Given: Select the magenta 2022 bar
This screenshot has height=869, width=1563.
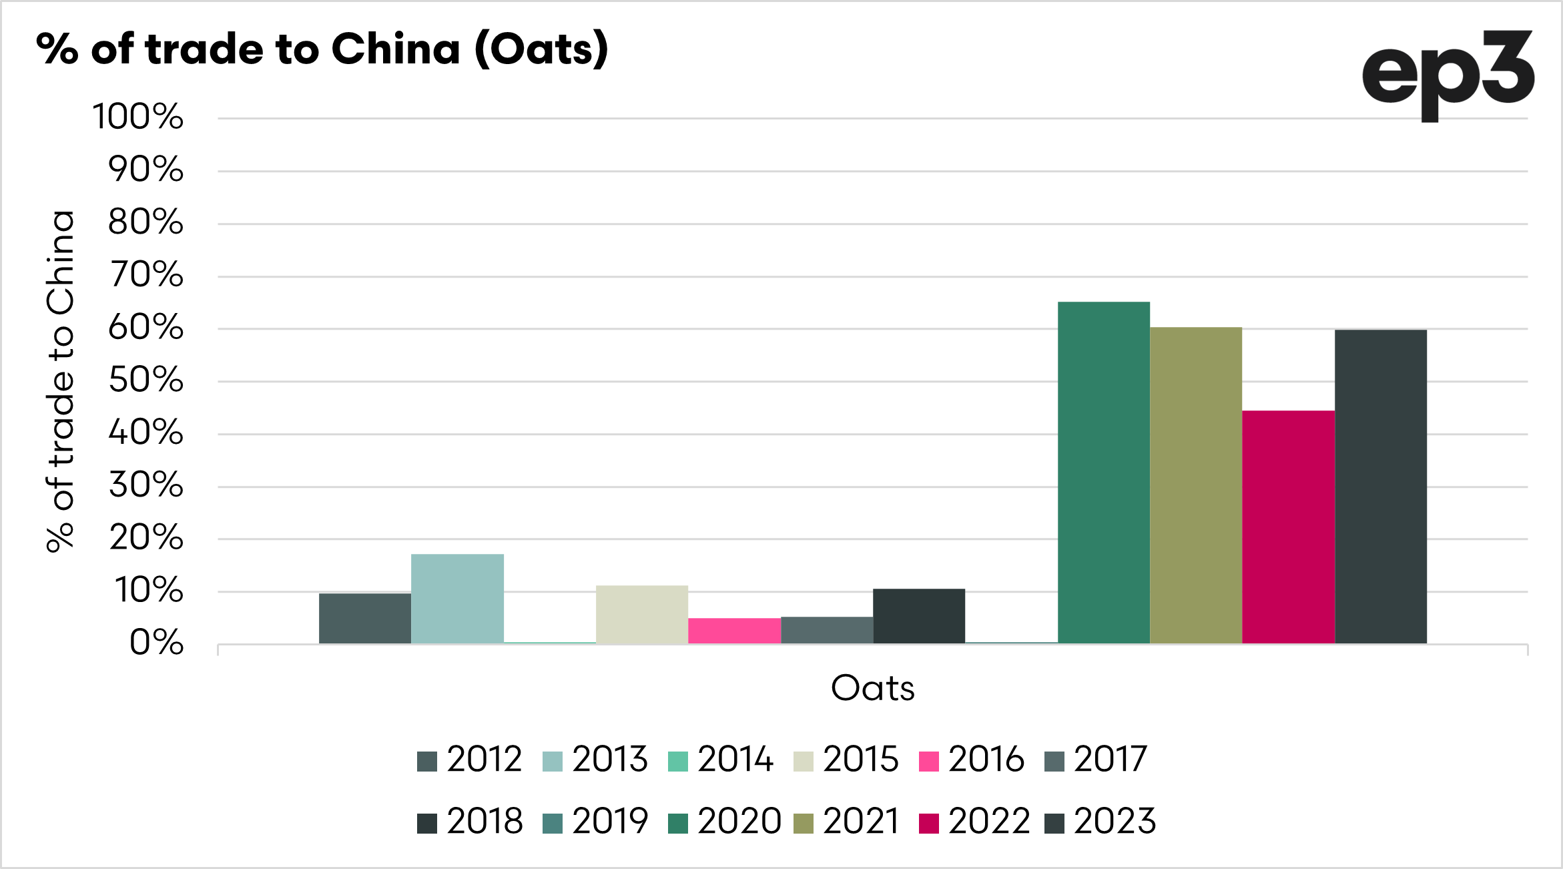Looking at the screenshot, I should tap(1288, 527).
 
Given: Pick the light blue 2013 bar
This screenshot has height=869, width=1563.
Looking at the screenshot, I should tap(457, 599).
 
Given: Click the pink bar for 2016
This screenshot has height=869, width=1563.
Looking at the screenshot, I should tap(734, 631).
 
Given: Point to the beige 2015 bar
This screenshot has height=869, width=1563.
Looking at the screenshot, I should tap(642, 614).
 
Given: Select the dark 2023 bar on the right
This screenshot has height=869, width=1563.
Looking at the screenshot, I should tap(1381, 487).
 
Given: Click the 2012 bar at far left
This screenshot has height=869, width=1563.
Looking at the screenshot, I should tap(365, 618).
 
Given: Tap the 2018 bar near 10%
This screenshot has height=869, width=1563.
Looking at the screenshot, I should tap(919, 616).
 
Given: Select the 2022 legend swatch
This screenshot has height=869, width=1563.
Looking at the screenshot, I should tap(929, 824).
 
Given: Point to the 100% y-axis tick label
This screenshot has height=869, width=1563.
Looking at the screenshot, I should tap(137, 117).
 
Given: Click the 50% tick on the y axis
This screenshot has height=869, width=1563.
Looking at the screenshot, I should tap(145, 380).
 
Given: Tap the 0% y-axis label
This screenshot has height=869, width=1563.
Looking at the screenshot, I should tap(156, 643).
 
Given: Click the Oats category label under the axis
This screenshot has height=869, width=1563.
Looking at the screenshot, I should tap(872, 688).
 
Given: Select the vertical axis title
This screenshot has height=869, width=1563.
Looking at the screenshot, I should tap(60, 381).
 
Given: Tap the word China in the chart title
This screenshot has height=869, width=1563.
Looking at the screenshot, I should tap(396, 49).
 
